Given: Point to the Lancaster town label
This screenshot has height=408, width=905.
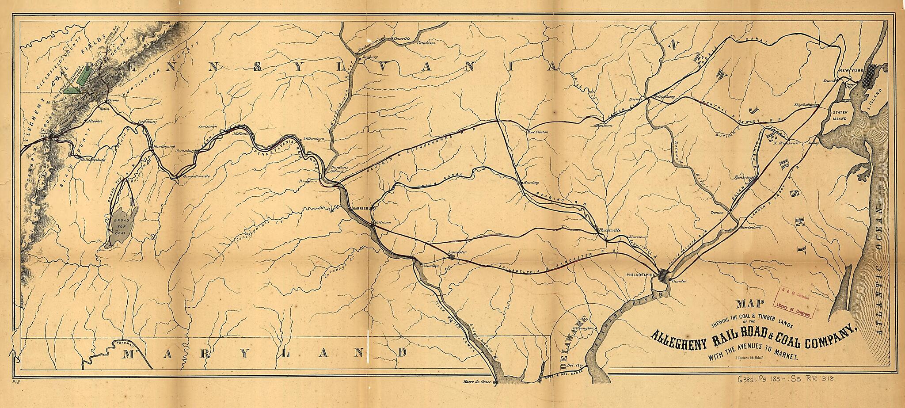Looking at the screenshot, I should (457, 252).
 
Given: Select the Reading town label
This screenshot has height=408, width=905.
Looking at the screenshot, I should (529, 183).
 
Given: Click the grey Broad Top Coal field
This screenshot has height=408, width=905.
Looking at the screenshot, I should (121, 225).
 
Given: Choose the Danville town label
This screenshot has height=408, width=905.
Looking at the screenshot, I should (402, 38).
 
